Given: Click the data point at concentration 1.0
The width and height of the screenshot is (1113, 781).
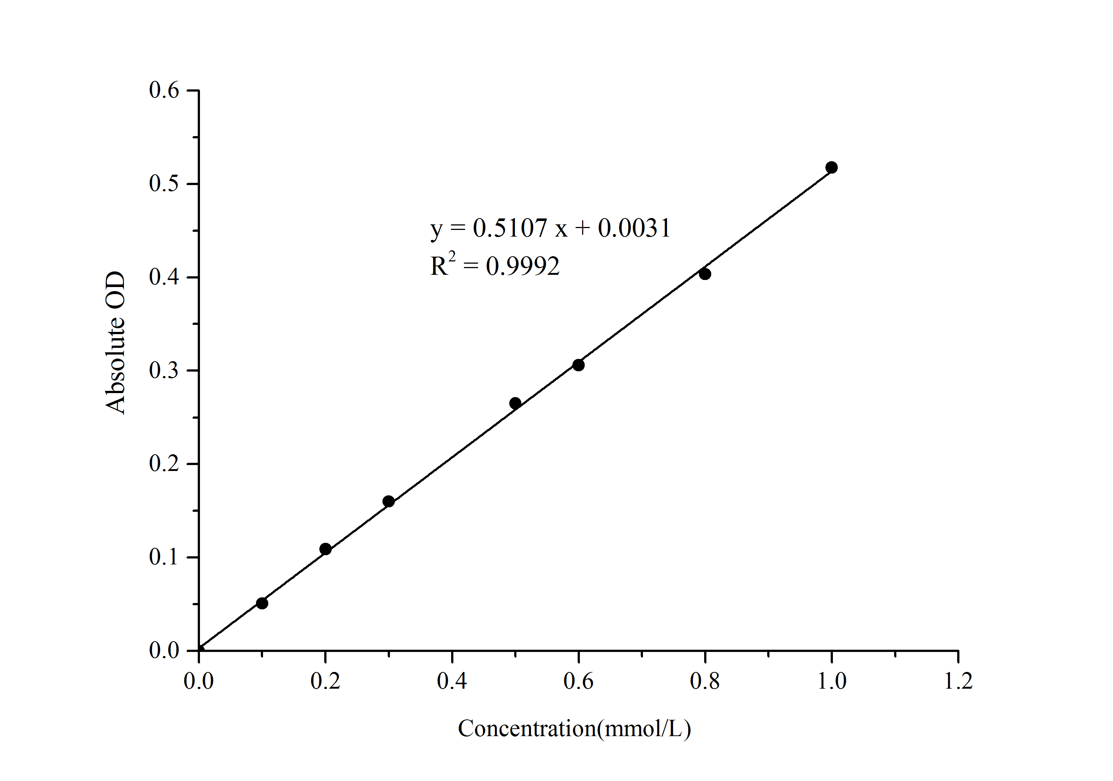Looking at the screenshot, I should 831,168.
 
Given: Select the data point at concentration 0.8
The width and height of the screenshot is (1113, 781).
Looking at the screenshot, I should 705,274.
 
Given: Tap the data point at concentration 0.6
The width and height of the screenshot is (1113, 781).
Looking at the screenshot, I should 578,365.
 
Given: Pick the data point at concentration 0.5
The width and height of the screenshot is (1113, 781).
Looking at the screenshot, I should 515,403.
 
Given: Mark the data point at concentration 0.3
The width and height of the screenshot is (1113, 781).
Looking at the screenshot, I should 388,501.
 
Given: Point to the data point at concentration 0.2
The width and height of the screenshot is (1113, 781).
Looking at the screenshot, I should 326,549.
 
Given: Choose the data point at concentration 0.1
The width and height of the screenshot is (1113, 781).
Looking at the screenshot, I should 262,603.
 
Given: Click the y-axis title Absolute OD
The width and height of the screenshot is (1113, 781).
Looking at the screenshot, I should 115,343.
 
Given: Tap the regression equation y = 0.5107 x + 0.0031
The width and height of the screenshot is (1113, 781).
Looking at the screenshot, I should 550,228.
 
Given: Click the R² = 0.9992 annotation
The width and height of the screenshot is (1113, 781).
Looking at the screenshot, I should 495,265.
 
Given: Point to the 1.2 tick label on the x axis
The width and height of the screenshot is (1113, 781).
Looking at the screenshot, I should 958,681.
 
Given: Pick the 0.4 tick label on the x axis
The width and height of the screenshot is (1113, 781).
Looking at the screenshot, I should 452,681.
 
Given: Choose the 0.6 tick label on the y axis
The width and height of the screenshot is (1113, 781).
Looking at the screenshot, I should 164,90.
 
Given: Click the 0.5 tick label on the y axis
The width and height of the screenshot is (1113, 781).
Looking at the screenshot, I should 164,184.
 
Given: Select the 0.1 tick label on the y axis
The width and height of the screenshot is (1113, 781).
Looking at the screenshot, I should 164,557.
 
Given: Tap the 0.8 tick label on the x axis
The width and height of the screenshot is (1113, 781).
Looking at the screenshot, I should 705,681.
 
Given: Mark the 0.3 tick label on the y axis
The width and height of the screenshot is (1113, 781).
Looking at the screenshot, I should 164,370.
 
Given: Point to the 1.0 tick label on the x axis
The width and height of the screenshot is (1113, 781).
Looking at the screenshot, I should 832,681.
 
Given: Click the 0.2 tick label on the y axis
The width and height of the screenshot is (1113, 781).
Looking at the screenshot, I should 164,464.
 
